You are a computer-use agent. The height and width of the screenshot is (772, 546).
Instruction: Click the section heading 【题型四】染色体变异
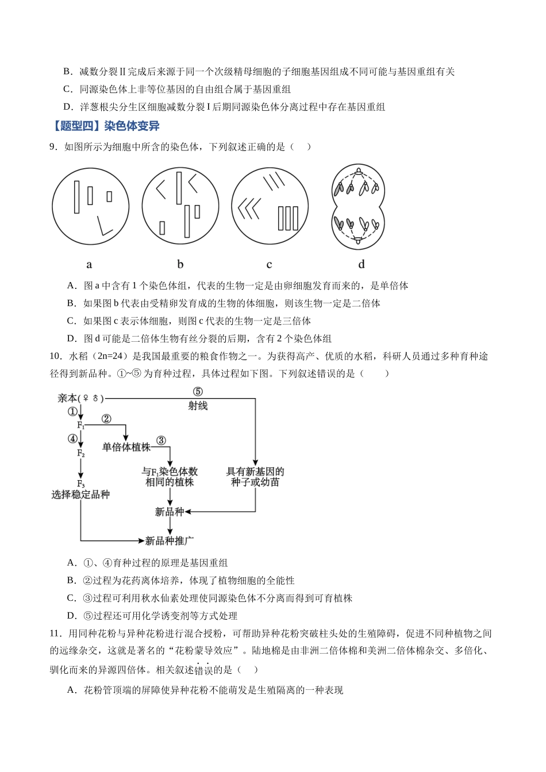(105, 126)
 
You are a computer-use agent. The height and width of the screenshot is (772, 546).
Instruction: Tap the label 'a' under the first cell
(89, 265)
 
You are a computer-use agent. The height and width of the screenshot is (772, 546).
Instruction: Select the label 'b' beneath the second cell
(180, 264)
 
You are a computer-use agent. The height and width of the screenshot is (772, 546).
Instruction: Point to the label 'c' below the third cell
(269, 265)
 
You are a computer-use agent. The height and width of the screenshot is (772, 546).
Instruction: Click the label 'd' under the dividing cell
(361, 264)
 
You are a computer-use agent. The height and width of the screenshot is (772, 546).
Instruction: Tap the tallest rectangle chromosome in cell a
(76, 197)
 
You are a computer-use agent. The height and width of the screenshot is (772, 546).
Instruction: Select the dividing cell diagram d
(358, 206)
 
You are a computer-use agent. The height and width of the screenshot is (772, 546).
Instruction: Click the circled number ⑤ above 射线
(198, 392)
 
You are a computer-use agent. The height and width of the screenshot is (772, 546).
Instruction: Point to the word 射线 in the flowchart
(198, 406)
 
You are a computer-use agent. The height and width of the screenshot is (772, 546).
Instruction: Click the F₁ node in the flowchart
(80, 425)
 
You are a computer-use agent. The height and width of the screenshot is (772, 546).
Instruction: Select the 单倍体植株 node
(126, 447)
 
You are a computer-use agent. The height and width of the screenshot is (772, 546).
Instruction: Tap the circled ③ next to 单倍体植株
(161, 441)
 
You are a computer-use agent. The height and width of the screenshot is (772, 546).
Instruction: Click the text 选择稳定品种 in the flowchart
(80, 495)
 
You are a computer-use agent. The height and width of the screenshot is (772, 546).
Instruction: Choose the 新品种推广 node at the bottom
(169, 541)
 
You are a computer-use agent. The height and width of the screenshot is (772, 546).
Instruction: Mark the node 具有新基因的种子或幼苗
(255, 477)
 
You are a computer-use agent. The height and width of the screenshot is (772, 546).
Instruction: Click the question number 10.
(55, 356)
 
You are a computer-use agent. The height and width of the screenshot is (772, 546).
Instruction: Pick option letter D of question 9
(71, 338)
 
